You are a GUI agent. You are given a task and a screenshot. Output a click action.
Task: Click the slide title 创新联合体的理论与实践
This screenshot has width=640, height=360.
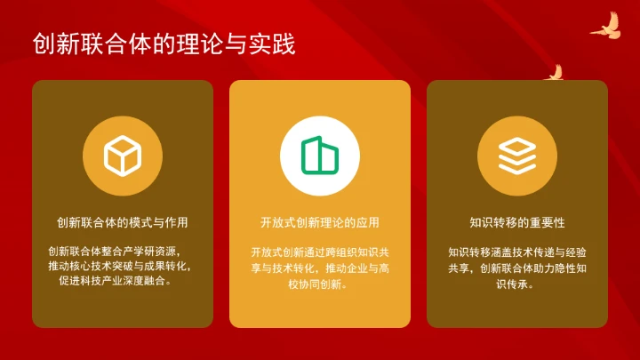(x=164, y=44)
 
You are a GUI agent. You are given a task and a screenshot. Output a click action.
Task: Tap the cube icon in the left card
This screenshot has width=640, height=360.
(x=123, y=156)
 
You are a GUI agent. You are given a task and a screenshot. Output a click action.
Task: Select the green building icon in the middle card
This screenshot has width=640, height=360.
(x=320, y=156)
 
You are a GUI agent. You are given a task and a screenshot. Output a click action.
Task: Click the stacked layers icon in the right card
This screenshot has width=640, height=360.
(x=517, y=156)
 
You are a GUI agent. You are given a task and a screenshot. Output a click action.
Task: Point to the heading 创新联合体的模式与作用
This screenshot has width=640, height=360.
(x=123, y=222)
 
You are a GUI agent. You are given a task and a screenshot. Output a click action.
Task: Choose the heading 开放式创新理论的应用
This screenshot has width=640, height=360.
(x=320, y=222)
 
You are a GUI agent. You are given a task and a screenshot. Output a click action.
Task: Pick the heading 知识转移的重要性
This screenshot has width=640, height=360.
(x=517, y=222)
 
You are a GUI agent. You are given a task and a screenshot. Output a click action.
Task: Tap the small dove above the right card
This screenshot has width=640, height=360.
(x=555, y=72)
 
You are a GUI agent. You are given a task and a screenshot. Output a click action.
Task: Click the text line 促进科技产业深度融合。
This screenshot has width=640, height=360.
(x=116, y=281)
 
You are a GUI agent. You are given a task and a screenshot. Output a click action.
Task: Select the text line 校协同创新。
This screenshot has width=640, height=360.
(x=320, y=284)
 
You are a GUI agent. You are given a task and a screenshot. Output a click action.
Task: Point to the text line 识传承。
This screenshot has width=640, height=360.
(x=517, y=284)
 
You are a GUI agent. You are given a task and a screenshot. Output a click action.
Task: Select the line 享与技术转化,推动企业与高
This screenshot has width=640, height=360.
(x=320, y=268)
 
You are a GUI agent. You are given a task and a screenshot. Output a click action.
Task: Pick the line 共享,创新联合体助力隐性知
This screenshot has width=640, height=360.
(x=517, y=268)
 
